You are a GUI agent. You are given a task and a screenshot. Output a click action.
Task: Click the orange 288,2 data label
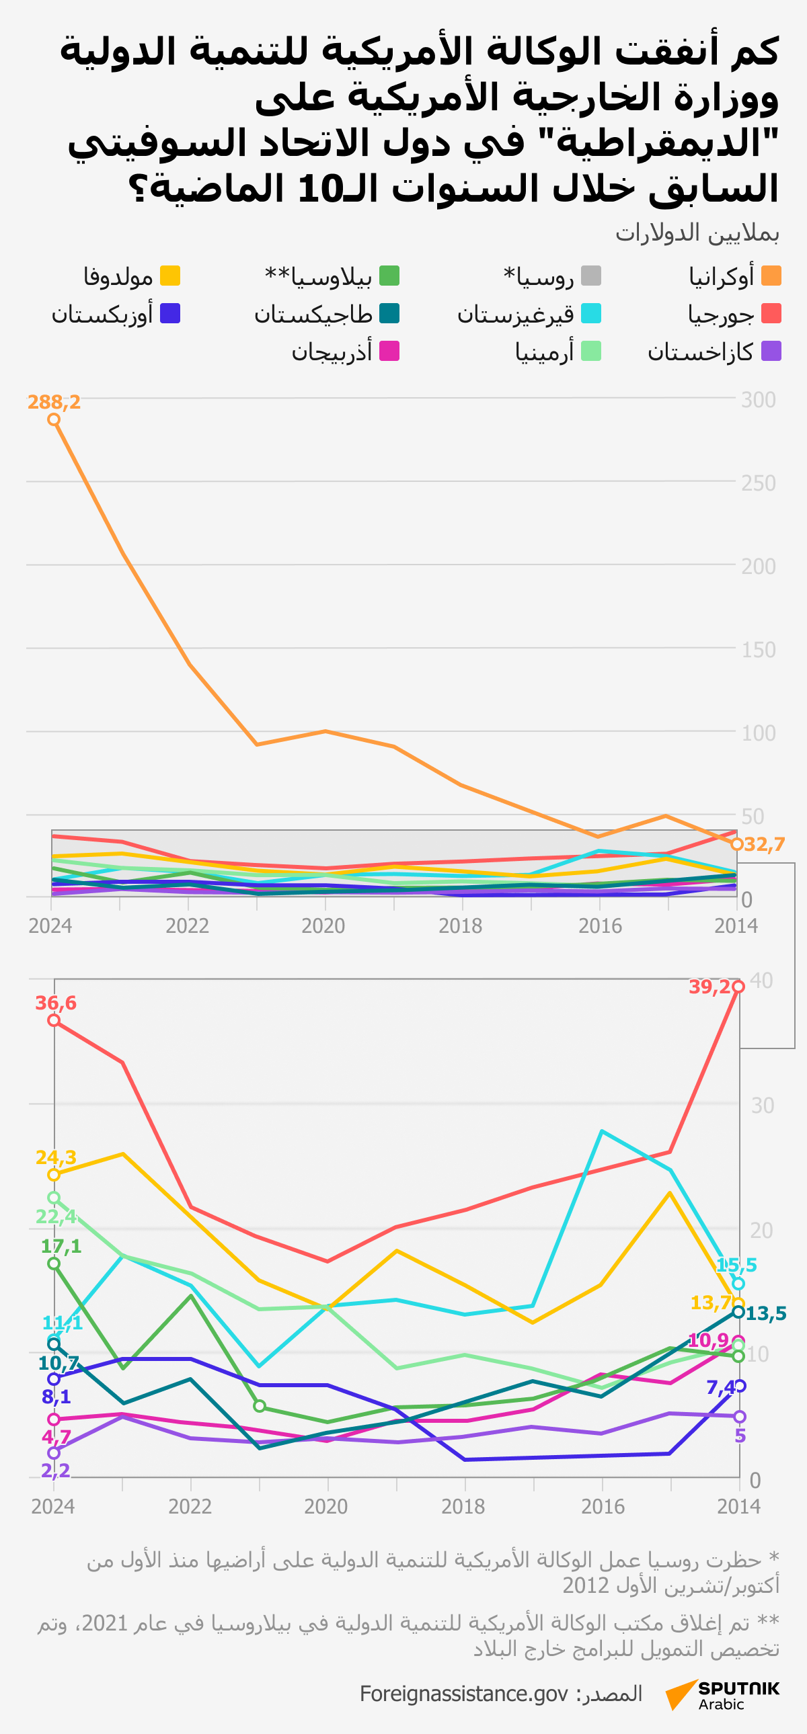coord(54,402)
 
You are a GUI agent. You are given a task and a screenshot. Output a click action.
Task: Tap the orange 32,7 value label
coord(765,844)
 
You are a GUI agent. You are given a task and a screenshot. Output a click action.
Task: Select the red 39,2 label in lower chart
coord(710,987)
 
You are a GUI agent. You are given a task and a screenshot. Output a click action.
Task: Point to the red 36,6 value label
coord(56,1003)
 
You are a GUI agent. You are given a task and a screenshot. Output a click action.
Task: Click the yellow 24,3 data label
coord(56,1157)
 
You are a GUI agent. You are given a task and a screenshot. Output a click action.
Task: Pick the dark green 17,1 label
coord(61,1246)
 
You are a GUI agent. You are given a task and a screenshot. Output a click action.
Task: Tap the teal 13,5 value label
coord(766,1313)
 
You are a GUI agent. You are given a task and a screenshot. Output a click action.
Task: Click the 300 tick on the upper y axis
coord(759,400)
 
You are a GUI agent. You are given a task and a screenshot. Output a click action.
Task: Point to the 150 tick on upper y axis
coord(759,649)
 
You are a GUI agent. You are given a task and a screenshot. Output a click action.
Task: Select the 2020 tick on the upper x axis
coord(323,926)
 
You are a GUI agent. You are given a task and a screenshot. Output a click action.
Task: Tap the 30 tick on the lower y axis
coord(763,1106)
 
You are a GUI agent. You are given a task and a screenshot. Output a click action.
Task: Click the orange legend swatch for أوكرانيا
coord(771,276)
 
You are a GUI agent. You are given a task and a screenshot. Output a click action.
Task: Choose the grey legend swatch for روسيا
coord(590,276)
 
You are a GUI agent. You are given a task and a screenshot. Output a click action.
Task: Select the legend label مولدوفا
coord(118,277)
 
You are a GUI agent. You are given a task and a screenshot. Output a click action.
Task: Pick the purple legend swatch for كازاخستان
coord(771,352)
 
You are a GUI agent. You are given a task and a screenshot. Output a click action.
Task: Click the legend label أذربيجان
coord(332,352)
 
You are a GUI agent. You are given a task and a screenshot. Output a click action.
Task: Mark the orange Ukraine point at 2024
coord(54,420)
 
